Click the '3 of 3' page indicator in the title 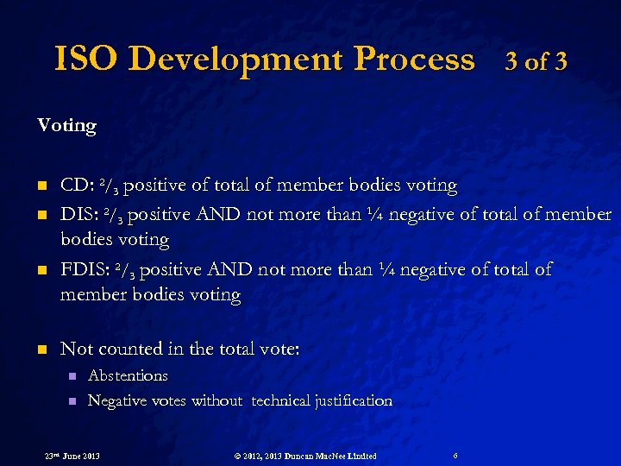click(x=536, y=61)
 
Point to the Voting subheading click(x=66, y=126)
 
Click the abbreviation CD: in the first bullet click(x=78, y=186)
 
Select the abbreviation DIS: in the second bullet click(x=81, y=214)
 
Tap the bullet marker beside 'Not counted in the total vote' click(x=41, y=350)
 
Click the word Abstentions click(x=128, y=376)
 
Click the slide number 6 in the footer click(x=455, y=455)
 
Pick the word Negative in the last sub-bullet click(x=116, y=401)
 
